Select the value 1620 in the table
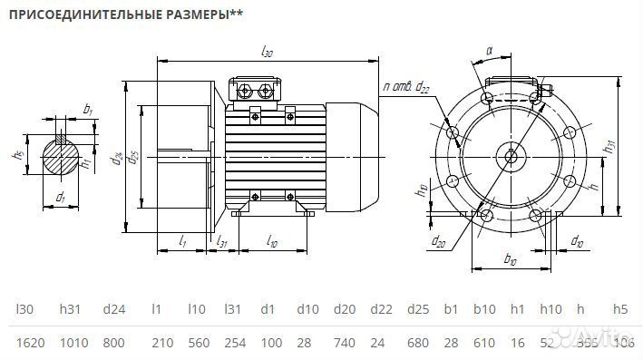[x=31, y=343]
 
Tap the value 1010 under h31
[x=73, y=343]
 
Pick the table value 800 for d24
[x=113, y=343]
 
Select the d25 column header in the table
[x=417, y=309]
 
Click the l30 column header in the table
[x=26, y=309]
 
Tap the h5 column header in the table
[x=620, y=309]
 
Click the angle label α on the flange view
[x=489, y=53]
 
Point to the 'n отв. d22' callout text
[x=406, y=87]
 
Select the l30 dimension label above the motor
[x=267, y=54]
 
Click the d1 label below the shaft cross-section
[x=61, y=197]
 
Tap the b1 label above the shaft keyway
[x=88, y=109]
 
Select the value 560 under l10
[x=198, y=343]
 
